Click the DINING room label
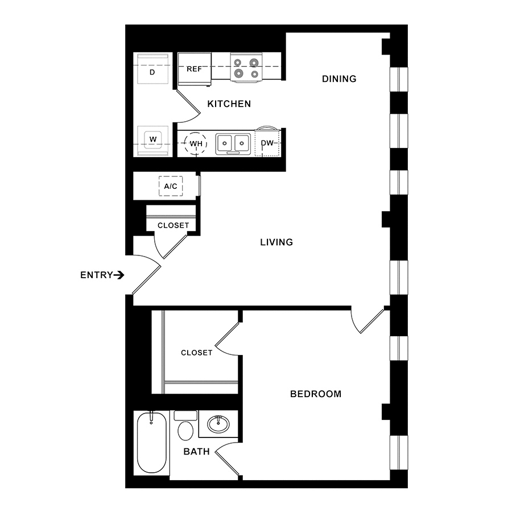click(x=339, y=79)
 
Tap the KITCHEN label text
click(x=229, y=104)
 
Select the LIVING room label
click(x=276, y=242)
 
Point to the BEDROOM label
click(x=316, y=394)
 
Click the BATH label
click(x=197, y=452)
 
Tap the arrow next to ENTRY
click(x=119, y=275)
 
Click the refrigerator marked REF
click(x=195, y=69)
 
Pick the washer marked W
click(x=153, y=141)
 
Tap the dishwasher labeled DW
click(x=267, y=142)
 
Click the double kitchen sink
click(x=233, y=144)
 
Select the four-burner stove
click(x=246, y=67)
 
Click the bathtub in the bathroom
click(x=152, y=443)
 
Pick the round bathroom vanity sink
click(x=218, y=424)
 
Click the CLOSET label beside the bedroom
click(x=197, y=353)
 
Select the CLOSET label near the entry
click(x=173, y=225)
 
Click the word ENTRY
click(x=97, y=275)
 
